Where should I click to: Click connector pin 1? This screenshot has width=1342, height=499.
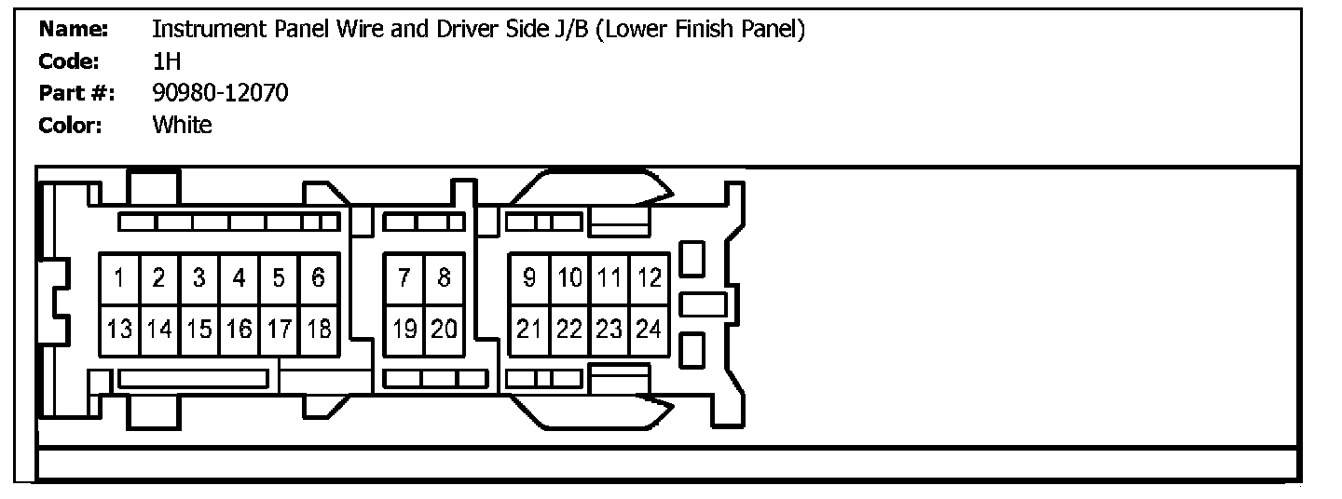tap(120, 278)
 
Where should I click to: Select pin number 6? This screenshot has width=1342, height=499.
tap(319, 278)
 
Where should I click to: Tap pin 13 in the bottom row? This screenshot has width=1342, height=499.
tap(120, 330)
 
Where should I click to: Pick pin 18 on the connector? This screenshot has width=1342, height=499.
tap(319, 330)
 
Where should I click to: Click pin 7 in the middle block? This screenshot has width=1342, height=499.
tap(404, 278)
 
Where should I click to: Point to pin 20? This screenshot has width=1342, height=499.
tap(444, 330)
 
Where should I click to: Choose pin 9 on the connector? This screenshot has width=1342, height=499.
tap(529, 278)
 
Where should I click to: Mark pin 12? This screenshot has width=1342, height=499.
tap(650, 278)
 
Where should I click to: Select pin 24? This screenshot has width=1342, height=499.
tap(650, 330)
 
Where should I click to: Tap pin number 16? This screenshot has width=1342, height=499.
tap(239, 330)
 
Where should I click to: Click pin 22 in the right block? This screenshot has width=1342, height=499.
tap(569, 330)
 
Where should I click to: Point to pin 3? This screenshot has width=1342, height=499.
tap(199, 278)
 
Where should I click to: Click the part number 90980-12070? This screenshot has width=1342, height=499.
tap(220, 93)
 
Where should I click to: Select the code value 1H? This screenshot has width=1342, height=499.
tap(167, 61)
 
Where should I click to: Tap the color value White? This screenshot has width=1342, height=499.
tap(182, 125)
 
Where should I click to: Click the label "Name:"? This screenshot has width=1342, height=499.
tap(73, 29)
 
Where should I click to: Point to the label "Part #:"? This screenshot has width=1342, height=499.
tap(76, 93)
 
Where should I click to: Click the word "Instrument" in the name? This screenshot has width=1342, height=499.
tap(209, 29)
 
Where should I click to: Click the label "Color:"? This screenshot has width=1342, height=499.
tap(70, 126)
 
